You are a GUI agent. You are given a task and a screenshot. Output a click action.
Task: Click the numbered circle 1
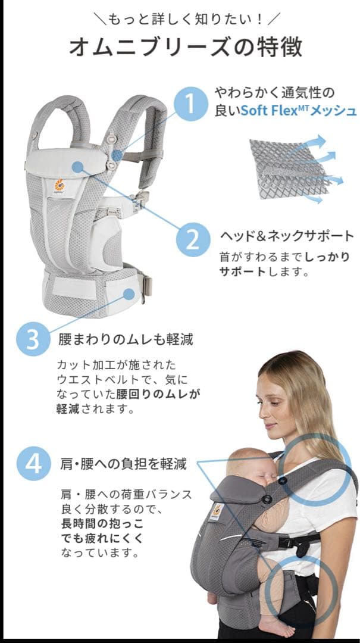tap(191, 104)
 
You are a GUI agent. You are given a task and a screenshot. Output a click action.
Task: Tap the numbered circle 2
tap(192, 239)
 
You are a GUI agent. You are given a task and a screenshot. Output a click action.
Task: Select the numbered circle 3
tap(33, 340)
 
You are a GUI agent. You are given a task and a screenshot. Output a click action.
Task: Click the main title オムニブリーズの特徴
tap(185, 46)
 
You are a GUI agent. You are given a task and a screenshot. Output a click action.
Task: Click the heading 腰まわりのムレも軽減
tap(125, 340)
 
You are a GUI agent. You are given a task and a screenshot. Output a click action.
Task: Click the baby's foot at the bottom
tap(276, 625)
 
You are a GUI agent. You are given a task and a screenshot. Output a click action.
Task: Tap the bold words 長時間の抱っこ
tap(102, 524)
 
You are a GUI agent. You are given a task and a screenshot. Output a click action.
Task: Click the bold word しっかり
tap(327, 258)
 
